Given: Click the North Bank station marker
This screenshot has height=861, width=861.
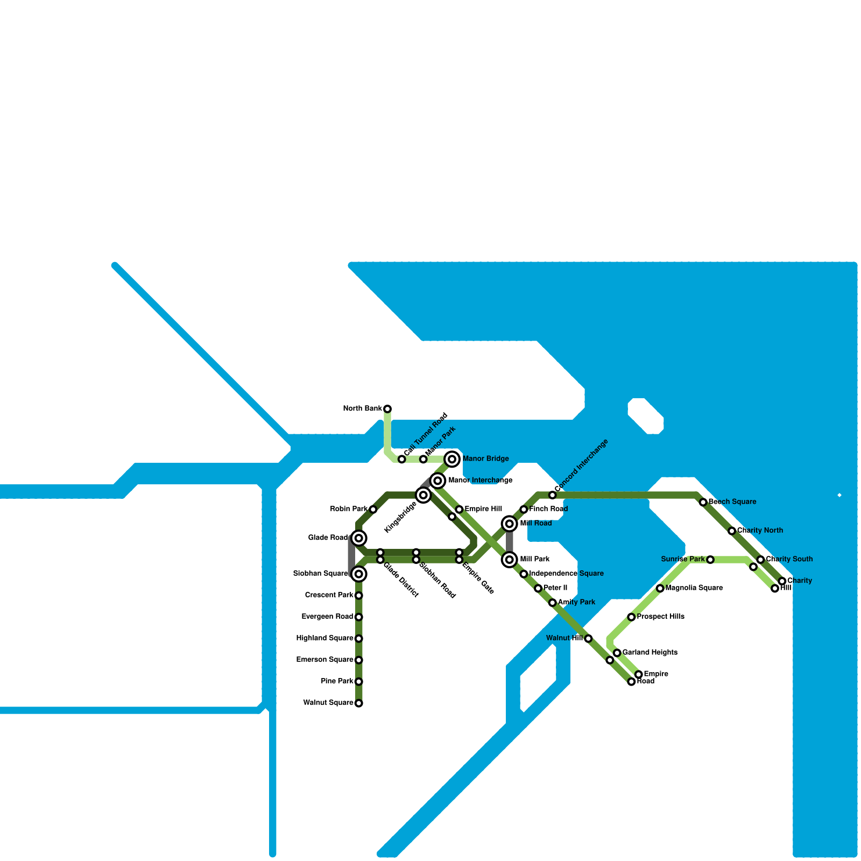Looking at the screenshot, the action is (387, 409).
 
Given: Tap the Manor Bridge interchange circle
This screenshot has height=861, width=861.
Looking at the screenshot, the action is (453, 459).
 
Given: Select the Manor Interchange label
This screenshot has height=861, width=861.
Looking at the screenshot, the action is (480, 481).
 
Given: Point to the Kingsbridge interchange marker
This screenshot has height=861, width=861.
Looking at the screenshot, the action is (424, 495).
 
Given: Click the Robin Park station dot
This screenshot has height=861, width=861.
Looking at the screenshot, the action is (373, 509).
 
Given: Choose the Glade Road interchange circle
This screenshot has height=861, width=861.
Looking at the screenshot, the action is (359, 538).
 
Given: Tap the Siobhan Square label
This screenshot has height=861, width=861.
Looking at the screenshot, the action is (320, 574).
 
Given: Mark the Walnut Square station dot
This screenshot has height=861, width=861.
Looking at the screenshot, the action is (359, 703).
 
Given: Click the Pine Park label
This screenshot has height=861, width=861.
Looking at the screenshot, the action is (337, 681).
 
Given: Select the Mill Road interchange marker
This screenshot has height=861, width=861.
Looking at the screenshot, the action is (510, 524).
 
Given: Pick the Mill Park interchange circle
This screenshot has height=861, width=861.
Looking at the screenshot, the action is (510, 560).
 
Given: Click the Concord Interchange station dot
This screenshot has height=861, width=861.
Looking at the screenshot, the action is (553, 495).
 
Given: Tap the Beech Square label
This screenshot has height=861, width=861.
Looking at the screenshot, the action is (732, 502).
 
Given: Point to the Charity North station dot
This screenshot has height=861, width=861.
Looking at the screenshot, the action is (732, 531).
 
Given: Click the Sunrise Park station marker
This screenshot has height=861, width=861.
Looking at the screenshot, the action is (710, 560).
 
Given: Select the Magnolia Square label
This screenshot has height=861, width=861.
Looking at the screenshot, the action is (694, 588).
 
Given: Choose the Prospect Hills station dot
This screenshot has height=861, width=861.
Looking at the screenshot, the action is (631, 617).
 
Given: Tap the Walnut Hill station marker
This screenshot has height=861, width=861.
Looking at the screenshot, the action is (588, 639).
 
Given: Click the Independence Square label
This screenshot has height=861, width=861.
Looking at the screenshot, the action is (566, 574).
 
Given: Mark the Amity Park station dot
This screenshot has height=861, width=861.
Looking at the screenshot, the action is (553, 603).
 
